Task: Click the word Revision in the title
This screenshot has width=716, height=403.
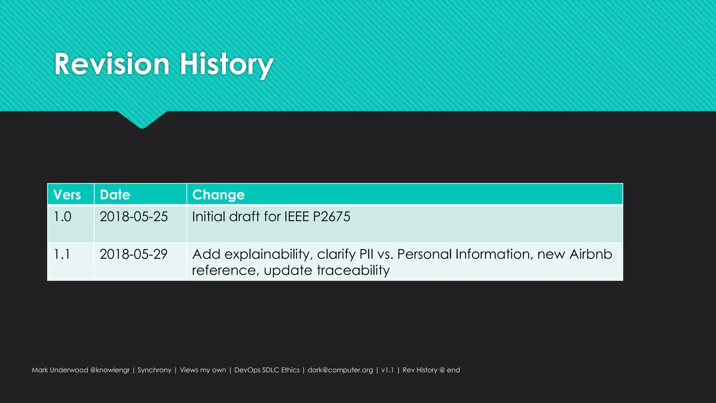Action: click(x=112, y=64)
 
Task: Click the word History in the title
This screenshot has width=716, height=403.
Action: click(x=226, y=64)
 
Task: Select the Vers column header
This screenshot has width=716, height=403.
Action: click(x=67, y=195)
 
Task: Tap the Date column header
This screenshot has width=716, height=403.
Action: click(x=115, y=195)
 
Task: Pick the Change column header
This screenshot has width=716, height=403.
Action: click(x=218, y=195)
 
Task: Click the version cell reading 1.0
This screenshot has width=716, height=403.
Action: click(x=63, y=217)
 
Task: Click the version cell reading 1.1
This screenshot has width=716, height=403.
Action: click(x=62, y=254)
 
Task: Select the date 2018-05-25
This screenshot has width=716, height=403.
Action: click(x=134, y=217)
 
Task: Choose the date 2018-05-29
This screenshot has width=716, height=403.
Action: click(x=134, y=254)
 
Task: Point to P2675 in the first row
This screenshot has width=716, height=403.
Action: click(x=331, y=217)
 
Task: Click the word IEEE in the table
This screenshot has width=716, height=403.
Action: click(x=296, y=217)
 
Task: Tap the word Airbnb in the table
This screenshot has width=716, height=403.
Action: click(x=590, y=254)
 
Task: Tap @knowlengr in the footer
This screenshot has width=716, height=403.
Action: click(x=110, y=370)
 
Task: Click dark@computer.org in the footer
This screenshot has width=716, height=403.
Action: click(x=340, y=370)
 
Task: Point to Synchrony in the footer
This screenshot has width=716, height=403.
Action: click(x=155, y=370)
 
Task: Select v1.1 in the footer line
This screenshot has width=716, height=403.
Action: click(x=387, y=370)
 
